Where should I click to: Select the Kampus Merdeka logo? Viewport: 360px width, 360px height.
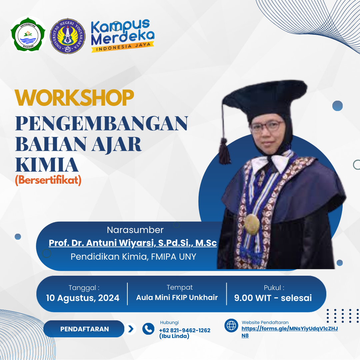click(x=122, y=36)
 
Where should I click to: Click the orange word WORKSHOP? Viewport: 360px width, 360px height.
click(x=74, y=97)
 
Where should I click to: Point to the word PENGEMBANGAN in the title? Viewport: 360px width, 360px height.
click(x=102, y=124)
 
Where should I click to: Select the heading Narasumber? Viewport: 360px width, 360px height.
click(x=135, y=230)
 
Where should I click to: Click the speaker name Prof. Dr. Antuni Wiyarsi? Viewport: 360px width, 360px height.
click(x=133, y=243)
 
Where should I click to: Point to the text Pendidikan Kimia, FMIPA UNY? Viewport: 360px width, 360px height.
click(x=133, y=257)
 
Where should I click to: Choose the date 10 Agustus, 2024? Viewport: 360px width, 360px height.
click(x=83, y=298)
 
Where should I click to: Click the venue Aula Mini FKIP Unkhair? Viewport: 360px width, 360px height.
click(x=177, y=297)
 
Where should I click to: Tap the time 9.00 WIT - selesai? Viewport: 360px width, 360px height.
click(x=273, y=298)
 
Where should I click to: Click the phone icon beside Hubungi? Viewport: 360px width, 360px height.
click(x=148, y=329)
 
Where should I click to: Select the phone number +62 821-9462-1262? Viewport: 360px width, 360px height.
click(x=185, y=330)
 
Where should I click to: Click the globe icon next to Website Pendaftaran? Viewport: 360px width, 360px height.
click(x=231, y=325)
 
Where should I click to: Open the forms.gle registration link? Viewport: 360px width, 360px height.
click(x=289, y=329)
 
